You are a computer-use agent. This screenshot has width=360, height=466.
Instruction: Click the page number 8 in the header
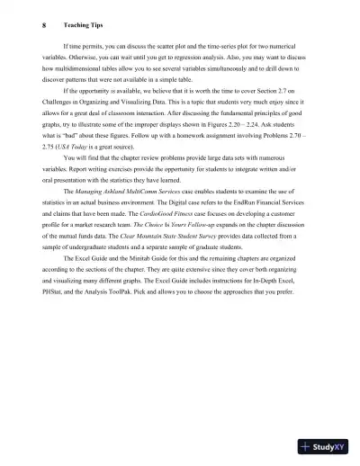point(44,25)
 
